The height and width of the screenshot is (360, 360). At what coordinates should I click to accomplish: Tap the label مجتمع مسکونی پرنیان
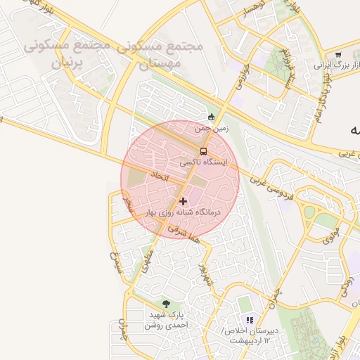(68, 54)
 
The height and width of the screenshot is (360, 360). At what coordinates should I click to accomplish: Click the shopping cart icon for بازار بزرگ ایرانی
(338, 55)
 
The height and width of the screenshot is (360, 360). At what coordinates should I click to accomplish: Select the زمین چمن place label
(212, 129)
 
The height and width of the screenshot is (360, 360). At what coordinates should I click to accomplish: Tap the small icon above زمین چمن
(212, 117)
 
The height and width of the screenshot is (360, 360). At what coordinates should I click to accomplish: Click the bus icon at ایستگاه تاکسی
(204, 151)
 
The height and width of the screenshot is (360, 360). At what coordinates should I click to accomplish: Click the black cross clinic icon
(184, 201)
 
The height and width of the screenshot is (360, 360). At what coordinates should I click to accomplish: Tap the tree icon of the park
(166, 304)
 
